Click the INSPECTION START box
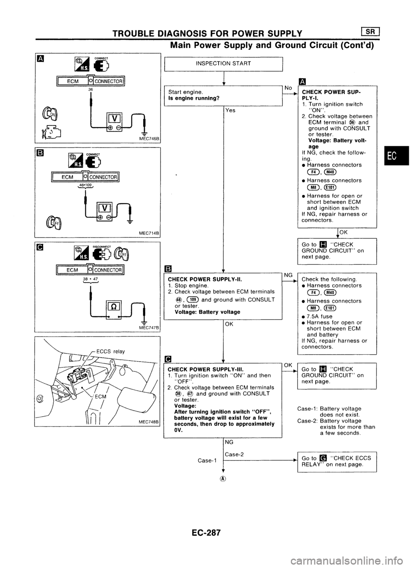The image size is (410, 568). tap(223, 64)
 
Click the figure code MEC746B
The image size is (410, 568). tap(147, 139)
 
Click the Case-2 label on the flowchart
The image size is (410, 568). tap(234, 454)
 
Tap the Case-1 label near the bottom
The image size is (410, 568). tap(207, 461)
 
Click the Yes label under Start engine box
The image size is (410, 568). tap(230, 110)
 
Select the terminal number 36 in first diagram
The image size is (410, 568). tap(91, 90)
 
